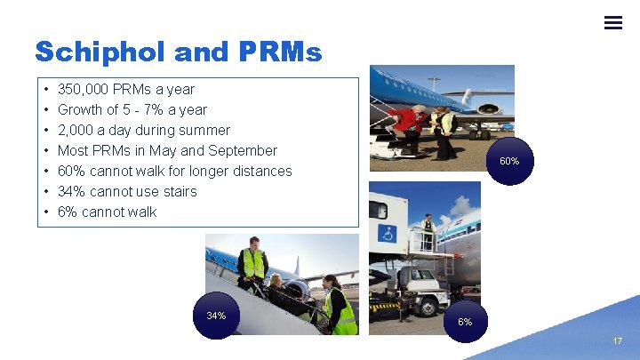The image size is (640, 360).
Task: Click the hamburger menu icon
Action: [612, 22]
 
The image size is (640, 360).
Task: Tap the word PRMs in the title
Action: [280, 52]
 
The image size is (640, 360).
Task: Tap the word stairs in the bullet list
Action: [180, 191]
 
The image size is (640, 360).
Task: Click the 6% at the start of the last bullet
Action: [68, 212]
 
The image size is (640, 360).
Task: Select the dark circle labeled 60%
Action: [509, 161]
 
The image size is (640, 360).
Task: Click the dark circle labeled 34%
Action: [216, 316]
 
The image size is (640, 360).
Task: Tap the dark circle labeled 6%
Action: [465, 322]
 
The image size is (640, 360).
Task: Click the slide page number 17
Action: [618, 341]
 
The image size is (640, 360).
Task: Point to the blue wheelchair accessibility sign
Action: [388, 234]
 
